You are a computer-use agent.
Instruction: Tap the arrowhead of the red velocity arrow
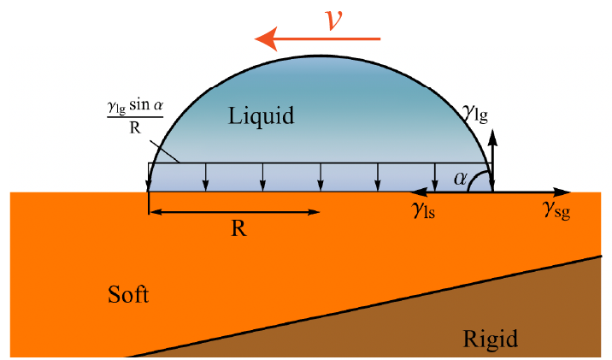click(266, 38)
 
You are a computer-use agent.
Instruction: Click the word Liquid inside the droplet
click(261, 115)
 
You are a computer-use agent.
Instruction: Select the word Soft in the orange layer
click(128, 294)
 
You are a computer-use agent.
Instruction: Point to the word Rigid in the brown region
click(491, 338)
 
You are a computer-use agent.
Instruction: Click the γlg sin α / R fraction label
click(135, 116)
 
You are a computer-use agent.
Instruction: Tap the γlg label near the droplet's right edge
click(475, 113)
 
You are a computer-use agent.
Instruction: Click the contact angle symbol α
click(460, 178)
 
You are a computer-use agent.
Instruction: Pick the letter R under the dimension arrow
click(238, 228)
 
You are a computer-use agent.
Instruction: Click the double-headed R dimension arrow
click(234, 212)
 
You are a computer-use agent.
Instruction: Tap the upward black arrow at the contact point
click(493, 160)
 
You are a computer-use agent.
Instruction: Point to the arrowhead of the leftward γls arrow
click(418, 192)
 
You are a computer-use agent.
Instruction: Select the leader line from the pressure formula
click(164, 151)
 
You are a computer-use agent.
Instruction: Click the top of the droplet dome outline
click(320, 56)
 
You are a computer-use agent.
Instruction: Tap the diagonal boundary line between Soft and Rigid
click(365, 306)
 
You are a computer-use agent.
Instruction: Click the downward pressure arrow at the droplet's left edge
click(149, 177)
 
